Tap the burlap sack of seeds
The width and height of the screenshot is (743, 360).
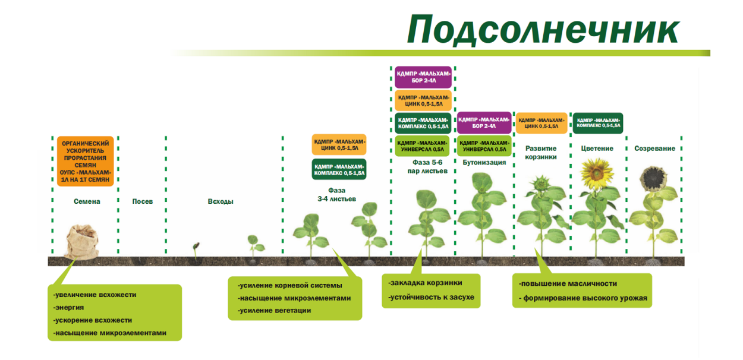83,242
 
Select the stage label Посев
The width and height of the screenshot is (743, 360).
143,201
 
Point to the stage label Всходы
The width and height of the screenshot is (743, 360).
221,201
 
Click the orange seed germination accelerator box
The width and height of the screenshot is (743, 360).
85,161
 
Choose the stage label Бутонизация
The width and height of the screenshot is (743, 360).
484,162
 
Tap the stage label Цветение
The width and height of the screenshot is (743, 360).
597,149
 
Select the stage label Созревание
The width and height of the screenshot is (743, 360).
654,149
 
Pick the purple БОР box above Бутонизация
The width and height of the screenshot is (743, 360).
484,122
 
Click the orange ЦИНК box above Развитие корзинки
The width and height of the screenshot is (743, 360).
541,122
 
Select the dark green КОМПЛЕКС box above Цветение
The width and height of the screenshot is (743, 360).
597,122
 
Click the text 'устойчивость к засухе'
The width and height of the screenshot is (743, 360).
431,297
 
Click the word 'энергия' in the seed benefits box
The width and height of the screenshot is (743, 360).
68,308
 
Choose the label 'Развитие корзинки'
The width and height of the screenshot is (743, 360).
541,153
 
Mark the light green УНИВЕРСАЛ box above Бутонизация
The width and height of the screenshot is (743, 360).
484,146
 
